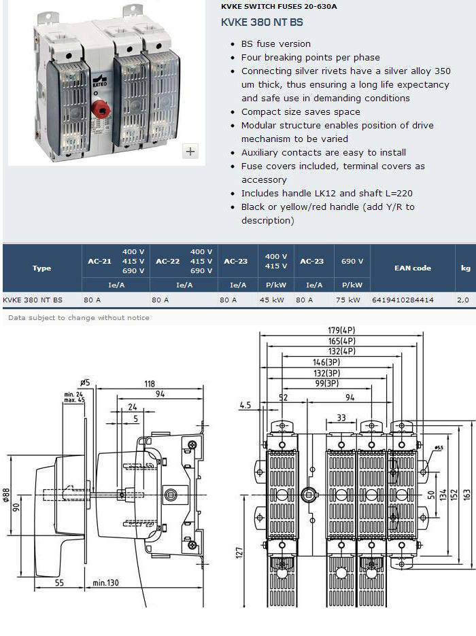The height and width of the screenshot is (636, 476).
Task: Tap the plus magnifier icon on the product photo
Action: [190, 152]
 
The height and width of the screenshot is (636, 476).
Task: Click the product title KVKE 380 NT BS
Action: [262, 22]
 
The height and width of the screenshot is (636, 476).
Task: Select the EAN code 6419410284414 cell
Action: [403, 300]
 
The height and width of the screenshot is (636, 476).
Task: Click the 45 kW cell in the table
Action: [271, 300]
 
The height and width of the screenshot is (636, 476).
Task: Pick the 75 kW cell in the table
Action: [347, 300]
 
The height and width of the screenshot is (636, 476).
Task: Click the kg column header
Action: [465, 268]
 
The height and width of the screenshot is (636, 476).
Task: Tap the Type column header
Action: [41, 268]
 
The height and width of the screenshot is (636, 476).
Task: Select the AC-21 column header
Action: [99, 261]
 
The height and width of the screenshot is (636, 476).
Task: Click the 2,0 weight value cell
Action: [463, 300]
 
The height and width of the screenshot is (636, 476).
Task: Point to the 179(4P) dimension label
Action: [341, 331]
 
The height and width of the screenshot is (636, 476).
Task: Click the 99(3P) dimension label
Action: [326, 383]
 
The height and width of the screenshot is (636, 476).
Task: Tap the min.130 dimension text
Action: [105, 583]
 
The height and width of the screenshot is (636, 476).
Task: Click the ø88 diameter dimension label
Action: [7, 495]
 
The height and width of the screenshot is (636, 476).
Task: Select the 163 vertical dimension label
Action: [467, 495]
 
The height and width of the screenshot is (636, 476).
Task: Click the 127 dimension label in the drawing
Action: [239, 552]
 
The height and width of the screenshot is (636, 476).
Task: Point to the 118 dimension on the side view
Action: [150, 384]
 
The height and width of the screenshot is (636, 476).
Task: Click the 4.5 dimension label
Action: [245, 405]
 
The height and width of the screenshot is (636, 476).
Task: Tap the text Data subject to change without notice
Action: [79, 317]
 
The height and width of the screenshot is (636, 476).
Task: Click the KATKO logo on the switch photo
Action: [99, 81]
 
